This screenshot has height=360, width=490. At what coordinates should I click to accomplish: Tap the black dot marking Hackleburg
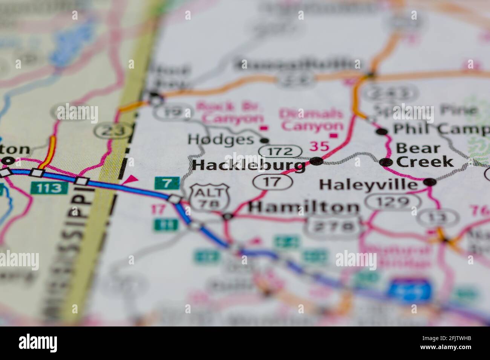coord(317,162)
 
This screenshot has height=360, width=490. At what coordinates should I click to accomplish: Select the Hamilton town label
coord(304,207)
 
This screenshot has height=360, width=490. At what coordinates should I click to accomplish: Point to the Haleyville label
coord(369,185)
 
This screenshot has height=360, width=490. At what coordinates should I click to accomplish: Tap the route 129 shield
coord(394,202)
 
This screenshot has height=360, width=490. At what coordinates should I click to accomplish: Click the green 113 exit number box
coord(50,187)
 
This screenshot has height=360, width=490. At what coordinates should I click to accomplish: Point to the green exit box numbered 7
coord(166,183)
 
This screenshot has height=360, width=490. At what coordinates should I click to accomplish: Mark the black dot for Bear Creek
coord(385,162)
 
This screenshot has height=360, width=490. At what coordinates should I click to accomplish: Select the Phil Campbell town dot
coord(382,131)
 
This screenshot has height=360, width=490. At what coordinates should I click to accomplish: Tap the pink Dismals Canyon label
coord(311,119)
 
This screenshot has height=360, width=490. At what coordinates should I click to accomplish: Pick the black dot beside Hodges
coord(265,140)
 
